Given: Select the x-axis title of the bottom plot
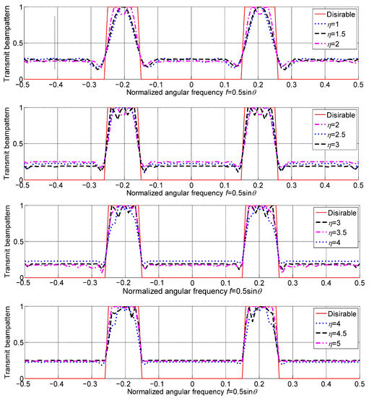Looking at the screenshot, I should [191, 393].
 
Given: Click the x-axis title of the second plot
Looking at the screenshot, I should [191, 194].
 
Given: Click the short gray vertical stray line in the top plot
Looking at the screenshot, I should [55, 43].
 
